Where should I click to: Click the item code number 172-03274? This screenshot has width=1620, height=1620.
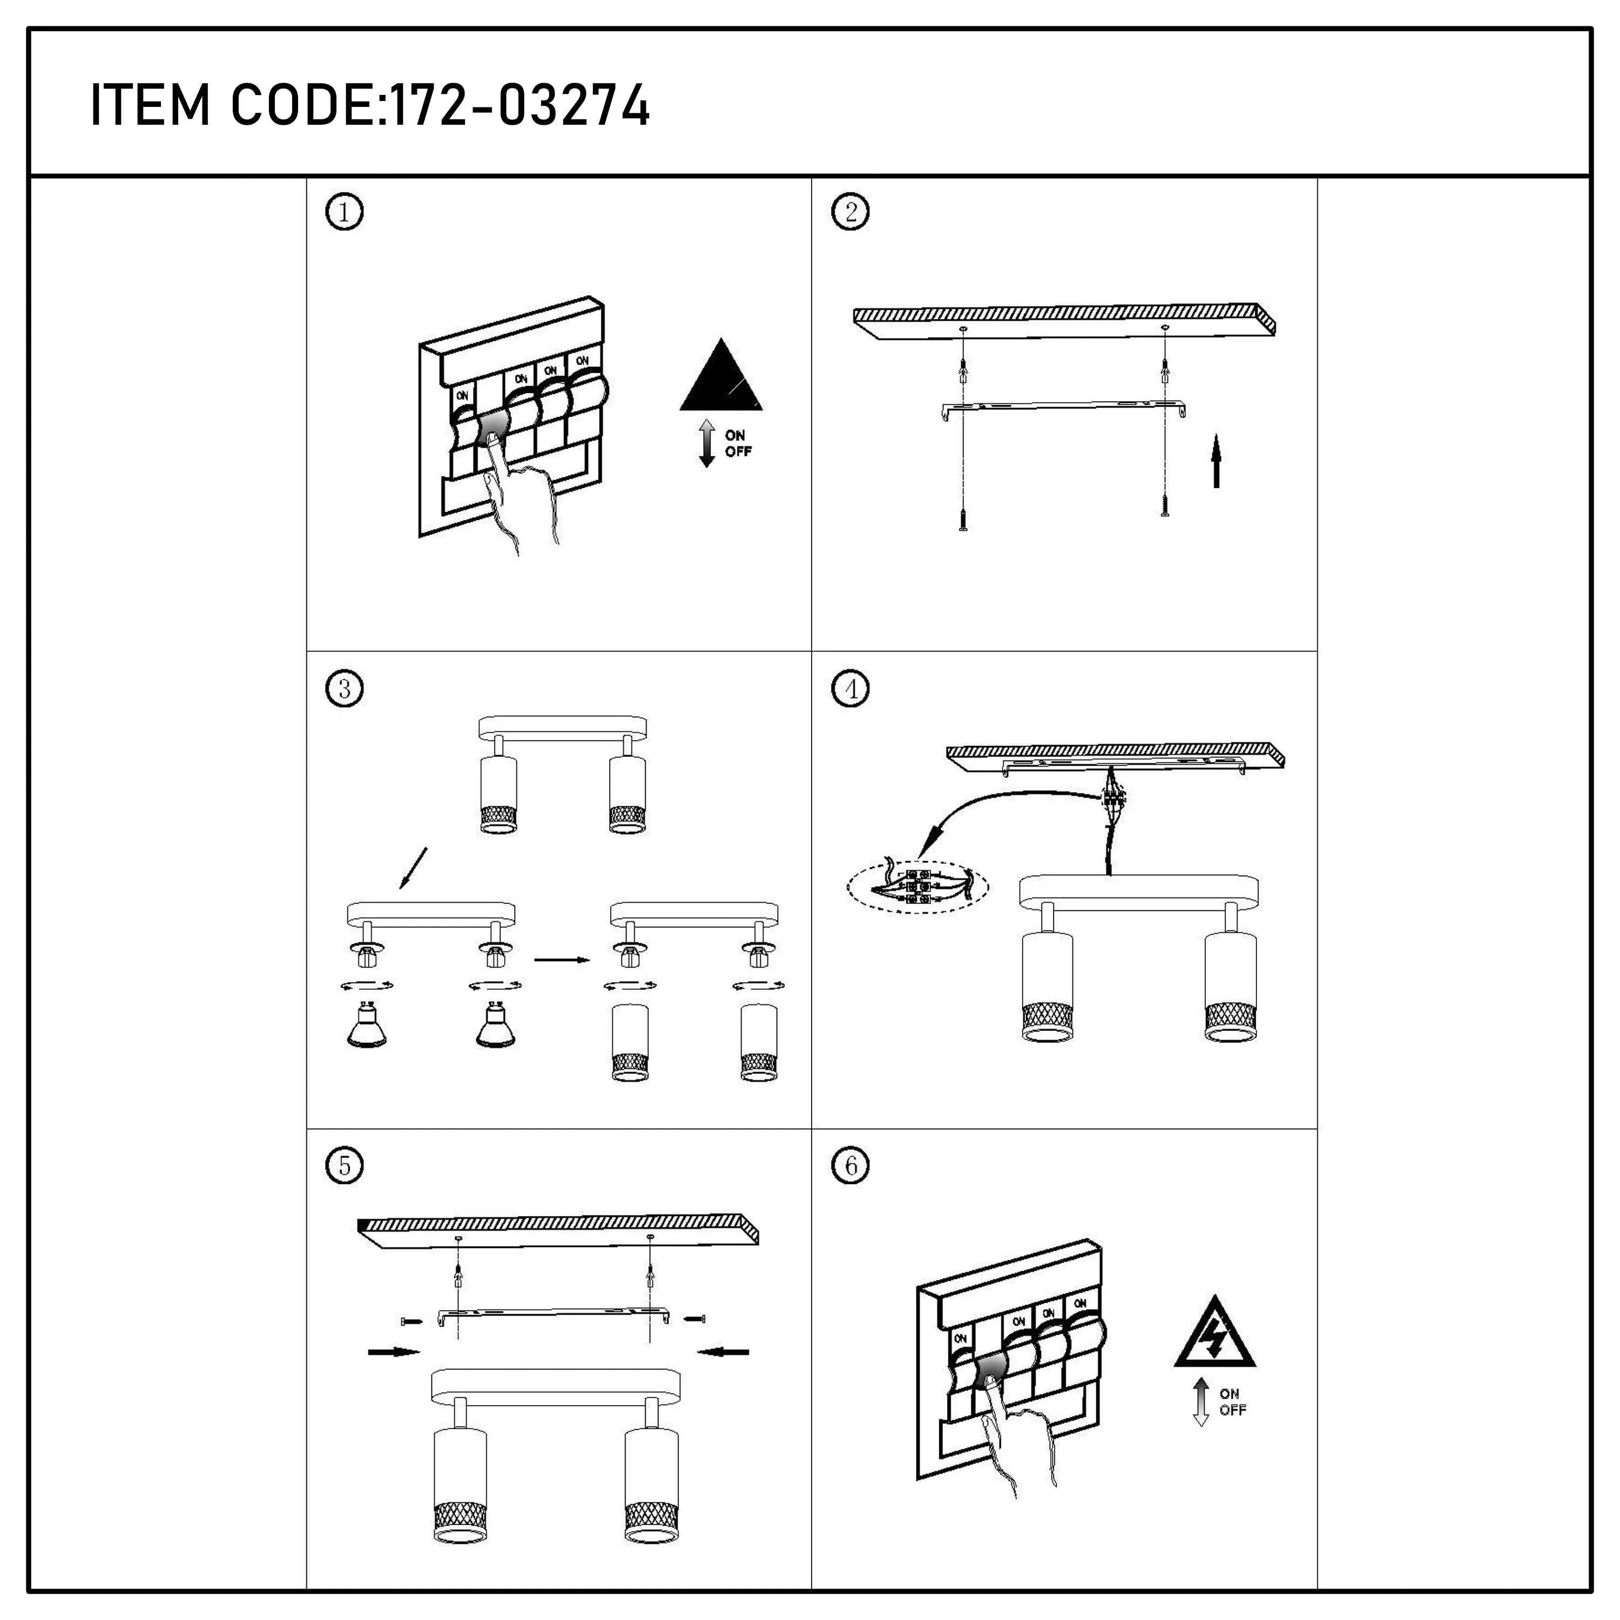pyautogui.click(x=520, y=106)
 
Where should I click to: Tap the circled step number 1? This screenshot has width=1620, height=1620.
pyautogui.click(x=344, y=212)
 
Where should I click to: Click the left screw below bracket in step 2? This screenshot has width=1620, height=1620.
pyautogui.click(x=963, y=521)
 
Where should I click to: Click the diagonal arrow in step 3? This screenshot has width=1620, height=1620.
pyautogui.click(x=414, y=868)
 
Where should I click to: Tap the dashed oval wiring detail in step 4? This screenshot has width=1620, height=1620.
pyautogui.click(x=918, y=887)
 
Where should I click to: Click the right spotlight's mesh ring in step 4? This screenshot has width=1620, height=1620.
pyautogui.click(x=1230, y=1018)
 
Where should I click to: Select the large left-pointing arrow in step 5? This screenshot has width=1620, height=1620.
pyautogui.click(x=723, y=1351)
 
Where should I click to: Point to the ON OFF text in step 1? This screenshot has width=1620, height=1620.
pyautogui.click(x=738, y=443)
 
